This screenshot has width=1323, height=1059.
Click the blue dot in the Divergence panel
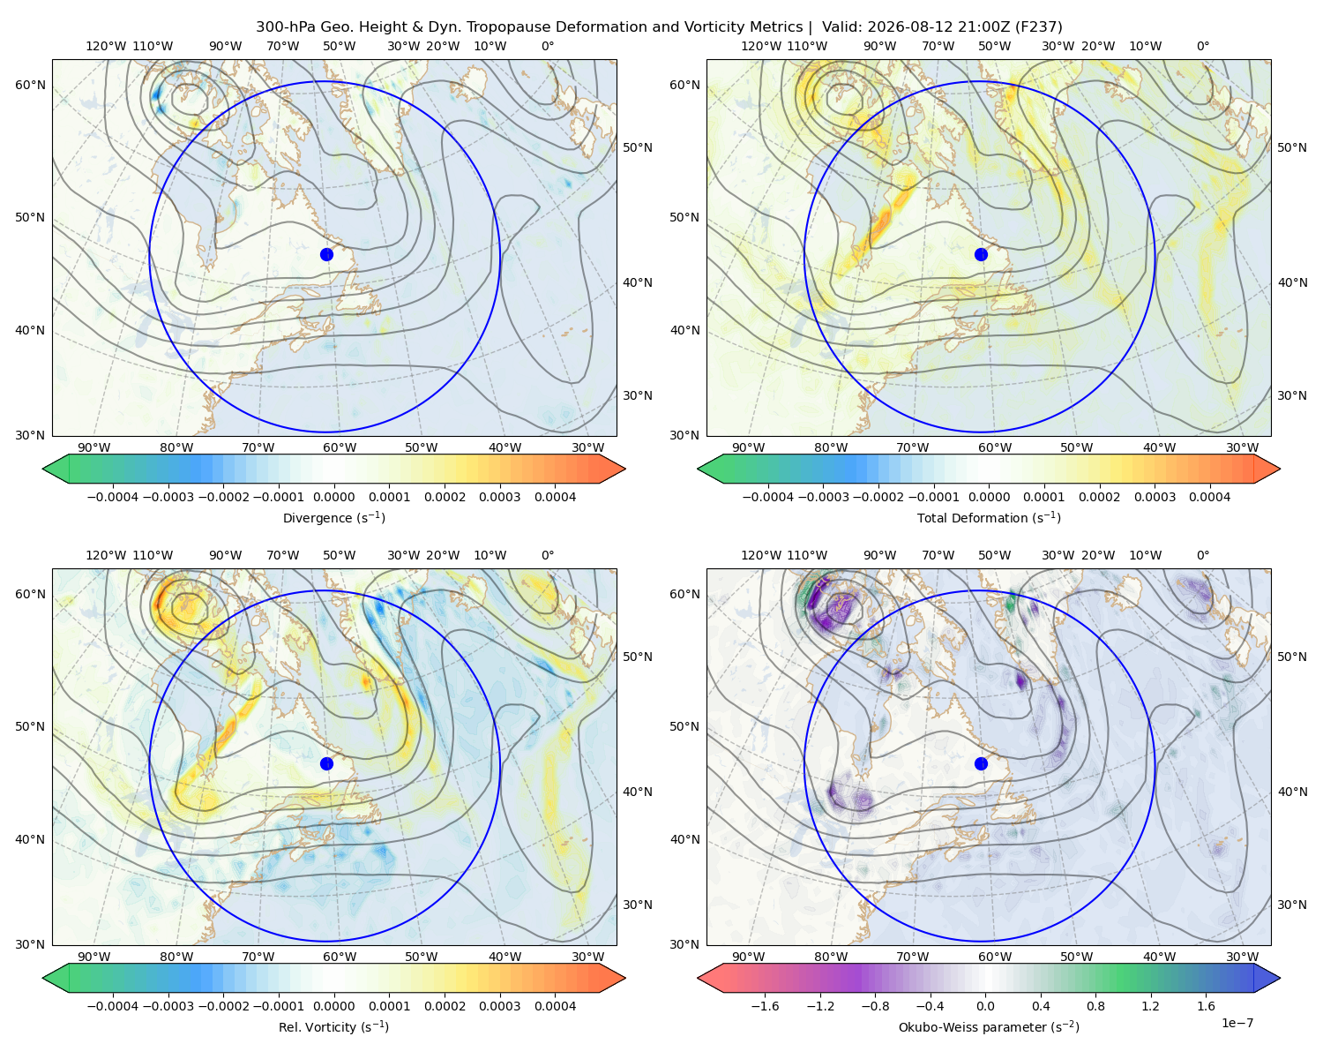(326, 254)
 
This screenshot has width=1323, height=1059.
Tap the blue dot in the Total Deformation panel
(981, 254)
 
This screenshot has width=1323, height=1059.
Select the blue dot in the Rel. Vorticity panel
(326, 763)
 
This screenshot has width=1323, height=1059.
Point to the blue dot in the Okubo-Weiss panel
(981, 763)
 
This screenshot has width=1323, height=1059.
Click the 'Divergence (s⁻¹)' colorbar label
(333, 517)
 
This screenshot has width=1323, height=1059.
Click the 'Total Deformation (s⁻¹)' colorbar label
(989, 517)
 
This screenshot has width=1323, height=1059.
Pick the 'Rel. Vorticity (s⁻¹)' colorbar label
(333, 1026)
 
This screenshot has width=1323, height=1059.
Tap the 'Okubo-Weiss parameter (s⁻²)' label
(989, 1026)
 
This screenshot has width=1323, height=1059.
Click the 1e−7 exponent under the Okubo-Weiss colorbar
(1237, 1023)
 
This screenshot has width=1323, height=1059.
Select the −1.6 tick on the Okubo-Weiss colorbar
(765, 1005)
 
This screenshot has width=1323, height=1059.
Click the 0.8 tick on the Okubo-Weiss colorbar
(1095, 1005)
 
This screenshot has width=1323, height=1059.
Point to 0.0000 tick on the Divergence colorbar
(333, 497)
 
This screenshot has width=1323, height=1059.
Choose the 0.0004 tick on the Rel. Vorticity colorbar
(555, 1005)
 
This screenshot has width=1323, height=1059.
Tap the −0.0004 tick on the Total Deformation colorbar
(767, 497)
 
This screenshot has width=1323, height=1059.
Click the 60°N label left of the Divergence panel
(30, 85)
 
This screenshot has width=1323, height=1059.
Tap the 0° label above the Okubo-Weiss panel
(1202, 555)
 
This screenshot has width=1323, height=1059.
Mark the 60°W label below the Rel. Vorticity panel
(340, 957)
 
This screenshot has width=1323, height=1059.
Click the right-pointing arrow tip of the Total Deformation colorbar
(1280, 469)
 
